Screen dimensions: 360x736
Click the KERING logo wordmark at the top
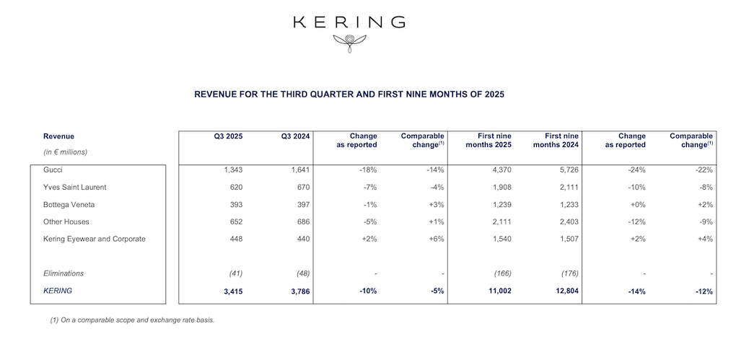pyautogui.click(x=349, y=22)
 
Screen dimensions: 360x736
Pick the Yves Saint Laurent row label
pyautogui.click(x=74, y=188)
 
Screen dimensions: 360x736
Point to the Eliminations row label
pyautogui.click(x=63, y=273)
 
